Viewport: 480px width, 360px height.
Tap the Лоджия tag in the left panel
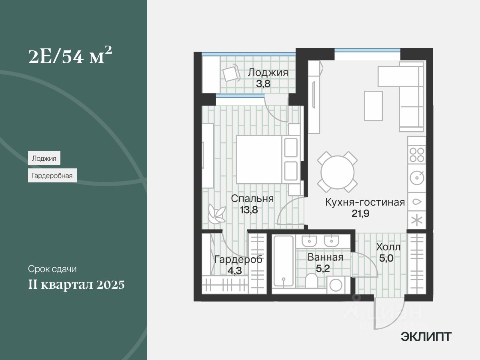pos(44,158)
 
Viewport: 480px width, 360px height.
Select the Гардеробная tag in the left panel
pos(52,175)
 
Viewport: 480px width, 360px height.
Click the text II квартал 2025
pos(76,285)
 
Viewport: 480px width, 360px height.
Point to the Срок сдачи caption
pos(52,269)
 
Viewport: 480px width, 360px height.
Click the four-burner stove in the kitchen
pos(417,154)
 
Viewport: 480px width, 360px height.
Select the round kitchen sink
pos(417,177)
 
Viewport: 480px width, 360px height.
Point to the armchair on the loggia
pos(230,74)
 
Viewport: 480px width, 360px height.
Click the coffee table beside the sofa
pos(373,106)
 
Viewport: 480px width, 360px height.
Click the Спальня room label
pos(252,199)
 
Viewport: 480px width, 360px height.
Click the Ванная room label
pos(325,257)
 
